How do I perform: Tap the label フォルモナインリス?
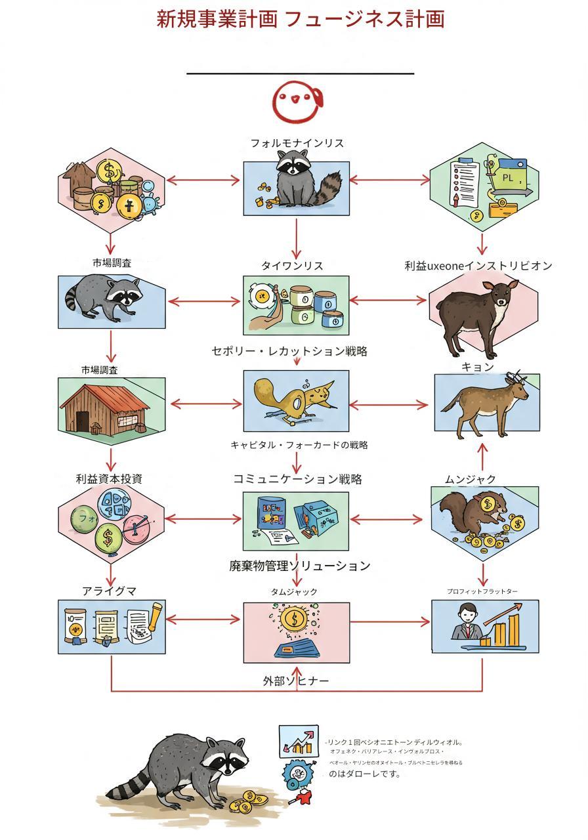(x=297, y=143)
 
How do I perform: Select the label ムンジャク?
(x=471, y=480)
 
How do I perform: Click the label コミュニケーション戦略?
(x=297, y=479)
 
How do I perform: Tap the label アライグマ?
(x=110, y=591)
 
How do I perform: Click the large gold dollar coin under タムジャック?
(x=294, y=618)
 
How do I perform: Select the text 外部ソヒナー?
(x=296, y=681)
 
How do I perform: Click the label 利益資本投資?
(x=109, y=479)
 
